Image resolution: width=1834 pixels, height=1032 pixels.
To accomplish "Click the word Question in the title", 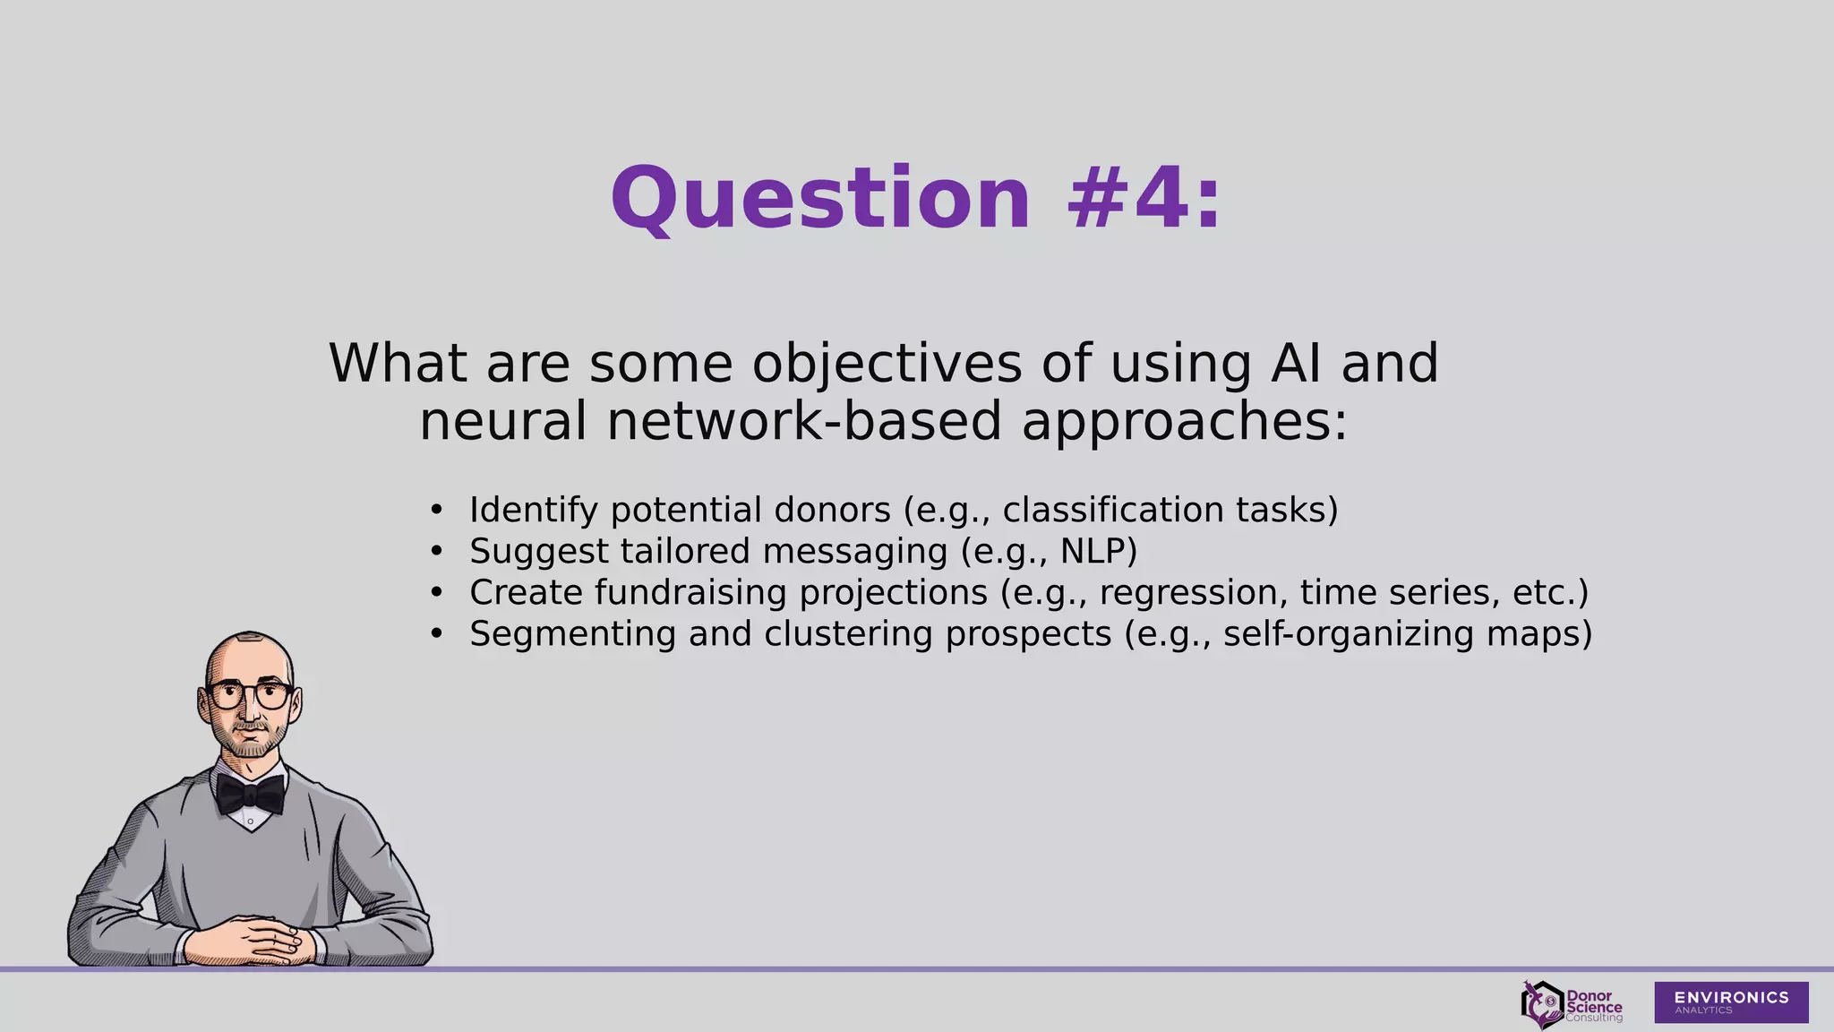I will click(820, 199).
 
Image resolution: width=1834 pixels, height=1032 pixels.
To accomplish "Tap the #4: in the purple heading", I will click(1144, 199).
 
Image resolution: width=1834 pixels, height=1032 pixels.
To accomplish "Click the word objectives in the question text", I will click(887, 364).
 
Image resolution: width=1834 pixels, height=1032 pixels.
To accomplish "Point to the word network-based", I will click(803, 422).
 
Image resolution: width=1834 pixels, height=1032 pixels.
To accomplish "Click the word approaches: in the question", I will click(1184, 422).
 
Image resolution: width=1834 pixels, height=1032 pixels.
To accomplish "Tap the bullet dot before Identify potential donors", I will click(436, 510).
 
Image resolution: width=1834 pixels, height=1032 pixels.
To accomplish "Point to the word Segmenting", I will click(573, 633).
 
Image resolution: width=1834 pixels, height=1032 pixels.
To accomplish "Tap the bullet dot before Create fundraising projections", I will click(436, 592).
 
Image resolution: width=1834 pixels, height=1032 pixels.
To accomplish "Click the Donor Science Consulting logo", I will click(1572, 1004).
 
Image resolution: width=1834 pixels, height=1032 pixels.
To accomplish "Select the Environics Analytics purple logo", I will click(1730, 1002).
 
